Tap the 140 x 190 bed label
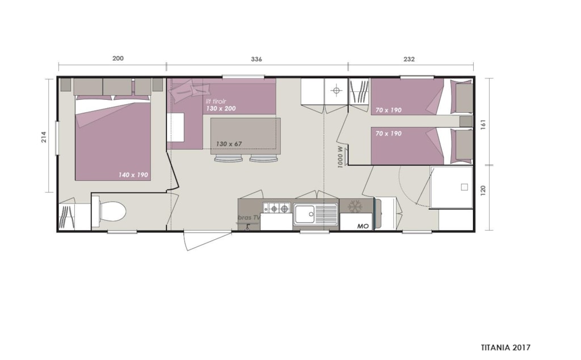[x=133, y=175]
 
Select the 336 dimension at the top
[x=256, y=59]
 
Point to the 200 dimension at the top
[x=118, y=58]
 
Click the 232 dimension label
[x=409, y=59]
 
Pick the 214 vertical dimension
[x=44, y=137]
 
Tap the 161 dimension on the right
[x=482, y=124]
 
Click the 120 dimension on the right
[x=482, y=190]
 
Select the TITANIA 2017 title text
[x=506, y=348]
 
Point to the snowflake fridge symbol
[x=355, y=206]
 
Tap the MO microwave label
[x=363, y=226]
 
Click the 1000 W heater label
[x=340, y=156]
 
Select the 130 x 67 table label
[x=229, y=143]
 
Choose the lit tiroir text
[x=216, y=101]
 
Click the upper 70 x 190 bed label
[x=388, y=110]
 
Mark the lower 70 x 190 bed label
[x=388, y=133]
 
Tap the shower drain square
[x=464, y=187]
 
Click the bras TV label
[x=249, y=218]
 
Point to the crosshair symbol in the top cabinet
[x=336, y=90]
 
